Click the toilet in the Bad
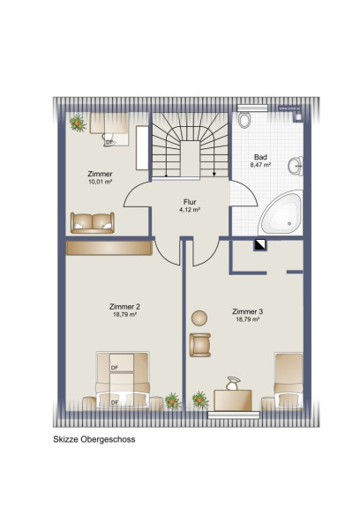244,120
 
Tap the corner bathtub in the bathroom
281,213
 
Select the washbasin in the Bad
296,166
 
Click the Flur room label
190,202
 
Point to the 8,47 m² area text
260,165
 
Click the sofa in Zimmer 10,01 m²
93,222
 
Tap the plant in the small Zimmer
78,123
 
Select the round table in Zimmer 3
199,318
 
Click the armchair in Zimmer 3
200,345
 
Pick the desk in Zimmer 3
233,400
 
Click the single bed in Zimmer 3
289,380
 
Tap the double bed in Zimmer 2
123,379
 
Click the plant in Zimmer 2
173,401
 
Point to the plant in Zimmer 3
200,400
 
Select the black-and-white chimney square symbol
260,245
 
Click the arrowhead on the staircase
214,174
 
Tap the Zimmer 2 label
124,307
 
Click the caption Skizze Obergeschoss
94,439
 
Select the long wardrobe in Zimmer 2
109,248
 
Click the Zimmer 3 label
247,311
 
